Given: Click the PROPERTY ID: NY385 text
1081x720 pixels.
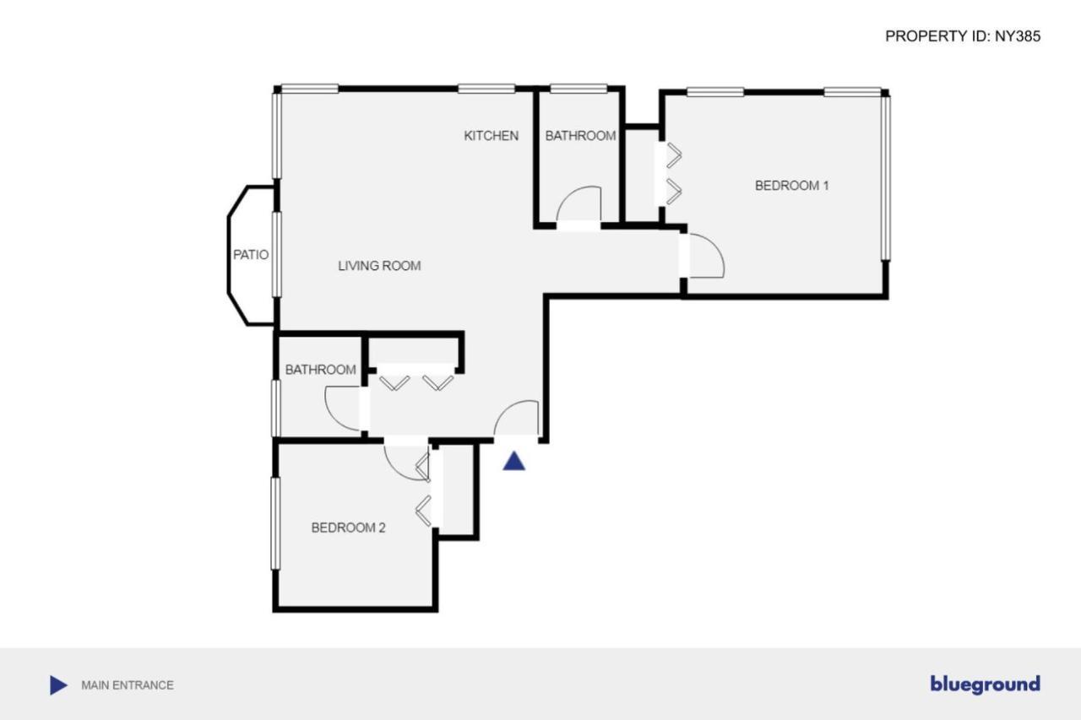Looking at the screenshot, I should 963,36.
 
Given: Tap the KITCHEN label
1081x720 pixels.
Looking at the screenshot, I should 492,135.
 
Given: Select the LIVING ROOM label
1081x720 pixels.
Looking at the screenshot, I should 379,266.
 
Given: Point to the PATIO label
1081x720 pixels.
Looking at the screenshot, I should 251,254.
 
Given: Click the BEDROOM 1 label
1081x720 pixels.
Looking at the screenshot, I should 791,185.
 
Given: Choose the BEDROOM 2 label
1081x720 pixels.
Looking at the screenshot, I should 348,528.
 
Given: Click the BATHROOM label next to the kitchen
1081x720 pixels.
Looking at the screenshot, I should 580,135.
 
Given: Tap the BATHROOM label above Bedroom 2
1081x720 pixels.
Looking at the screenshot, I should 320,370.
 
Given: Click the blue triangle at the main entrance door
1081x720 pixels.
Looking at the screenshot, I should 514,461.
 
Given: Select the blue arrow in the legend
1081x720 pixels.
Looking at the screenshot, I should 58,685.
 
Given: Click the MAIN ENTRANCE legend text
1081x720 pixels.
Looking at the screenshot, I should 128,685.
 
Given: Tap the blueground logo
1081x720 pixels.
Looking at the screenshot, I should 985,684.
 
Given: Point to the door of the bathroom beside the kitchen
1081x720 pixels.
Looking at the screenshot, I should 579,206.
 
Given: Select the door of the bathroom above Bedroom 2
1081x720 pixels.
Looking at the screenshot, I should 344,409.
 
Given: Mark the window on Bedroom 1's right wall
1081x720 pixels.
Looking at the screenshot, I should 885,177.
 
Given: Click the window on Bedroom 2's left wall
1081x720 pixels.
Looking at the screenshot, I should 274,523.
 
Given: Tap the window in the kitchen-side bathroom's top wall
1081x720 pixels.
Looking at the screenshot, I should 579,89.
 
